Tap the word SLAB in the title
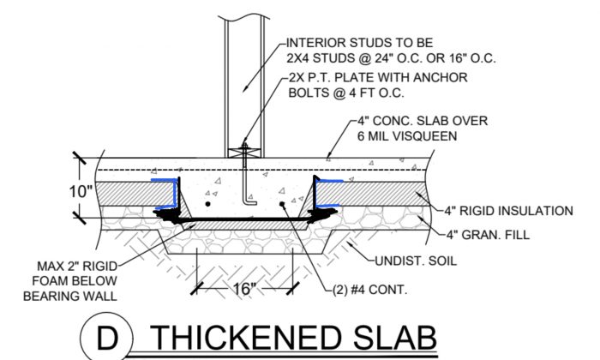point(384,338)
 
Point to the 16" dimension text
point(243,289)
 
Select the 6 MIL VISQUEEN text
point(410,135)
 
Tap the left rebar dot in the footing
point(208,206)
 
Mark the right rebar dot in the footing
point(284,206)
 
